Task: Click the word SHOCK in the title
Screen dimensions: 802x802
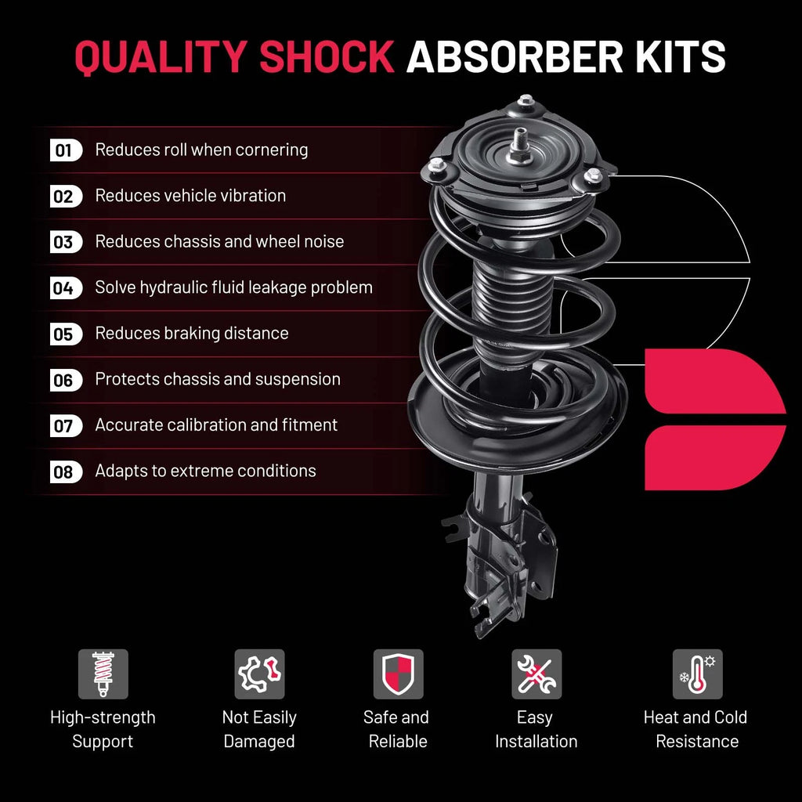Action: click(327, 56)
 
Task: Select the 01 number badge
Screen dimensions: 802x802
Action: click(66, 150)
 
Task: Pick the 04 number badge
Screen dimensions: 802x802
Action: click(66, 288)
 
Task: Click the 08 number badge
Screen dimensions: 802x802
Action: click(66, 471)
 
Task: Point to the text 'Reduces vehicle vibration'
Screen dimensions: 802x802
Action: click(190, 195)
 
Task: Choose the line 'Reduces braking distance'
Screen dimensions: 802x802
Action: click(192, 333)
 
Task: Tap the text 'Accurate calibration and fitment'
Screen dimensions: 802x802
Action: click(216, 424)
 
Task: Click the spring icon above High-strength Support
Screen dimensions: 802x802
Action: click(103, 674)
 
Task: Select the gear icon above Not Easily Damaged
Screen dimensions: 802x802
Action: click(259, 674)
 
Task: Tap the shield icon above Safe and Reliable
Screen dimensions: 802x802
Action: click(399, 674)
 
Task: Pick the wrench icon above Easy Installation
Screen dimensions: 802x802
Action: click(536, 674)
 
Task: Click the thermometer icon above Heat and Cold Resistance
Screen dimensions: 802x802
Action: click(697, 674)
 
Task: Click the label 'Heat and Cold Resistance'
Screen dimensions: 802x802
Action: click(696, 729)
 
